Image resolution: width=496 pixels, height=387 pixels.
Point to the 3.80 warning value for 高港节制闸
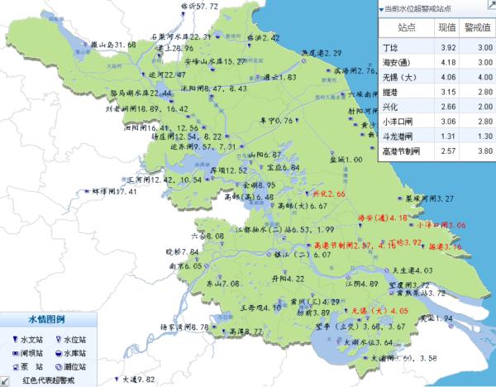click(x=479, y=150)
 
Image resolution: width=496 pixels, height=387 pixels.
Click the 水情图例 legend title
click(x=47, y=318)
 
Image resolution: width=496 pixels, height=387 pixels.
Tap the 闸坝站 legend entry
click(x=28, y=351)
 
